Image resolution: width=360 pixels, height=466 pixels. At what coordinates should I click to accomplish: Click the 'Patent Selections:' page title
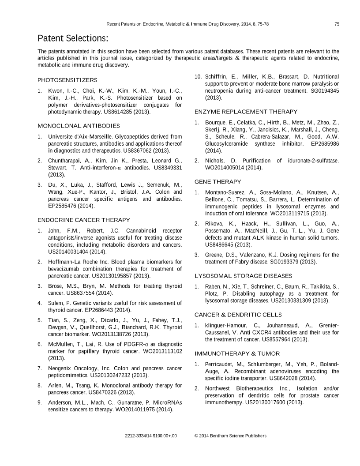[72, 38]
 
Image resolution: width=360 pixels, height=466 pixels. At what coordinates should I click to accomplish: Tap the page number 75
[337, 24]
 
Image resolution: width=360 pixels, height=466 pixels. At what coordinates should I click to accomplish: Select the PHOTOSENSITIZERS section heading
[67, 80]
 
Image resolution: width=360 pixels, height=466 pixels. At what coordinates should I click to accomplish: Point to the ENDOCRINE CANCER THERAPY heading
[84, 220]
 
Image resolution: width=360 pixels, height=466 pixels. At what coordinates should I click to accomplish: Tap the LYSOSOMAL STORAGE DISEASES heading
[243, 276]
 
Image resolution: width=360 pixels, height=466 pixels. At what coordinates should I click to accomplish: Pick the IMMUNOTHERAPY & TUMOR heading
[237, 353]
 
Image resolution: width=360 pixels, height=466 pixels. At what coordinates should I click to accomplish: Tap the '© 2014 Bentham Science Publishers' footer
[230, 436]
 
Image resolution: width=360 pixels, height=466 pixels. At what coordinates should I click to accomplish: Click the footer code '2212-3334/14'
[137, 436]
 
